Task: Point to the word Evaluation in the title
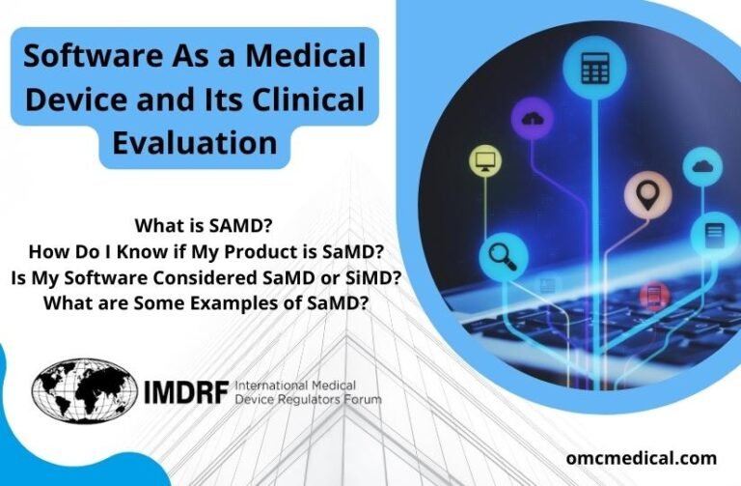pyautogui.click(x=195, y=143)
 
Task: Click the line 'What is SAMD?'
pyautogui.click(x=203, y=226)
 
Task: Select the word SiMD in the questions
pyautogui.click(x=370, y=277)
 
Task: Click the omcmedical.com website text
pyautogui.click(x=641, y=457)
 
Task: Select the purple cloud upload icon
pyautogui.click(x=533, y=120)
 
